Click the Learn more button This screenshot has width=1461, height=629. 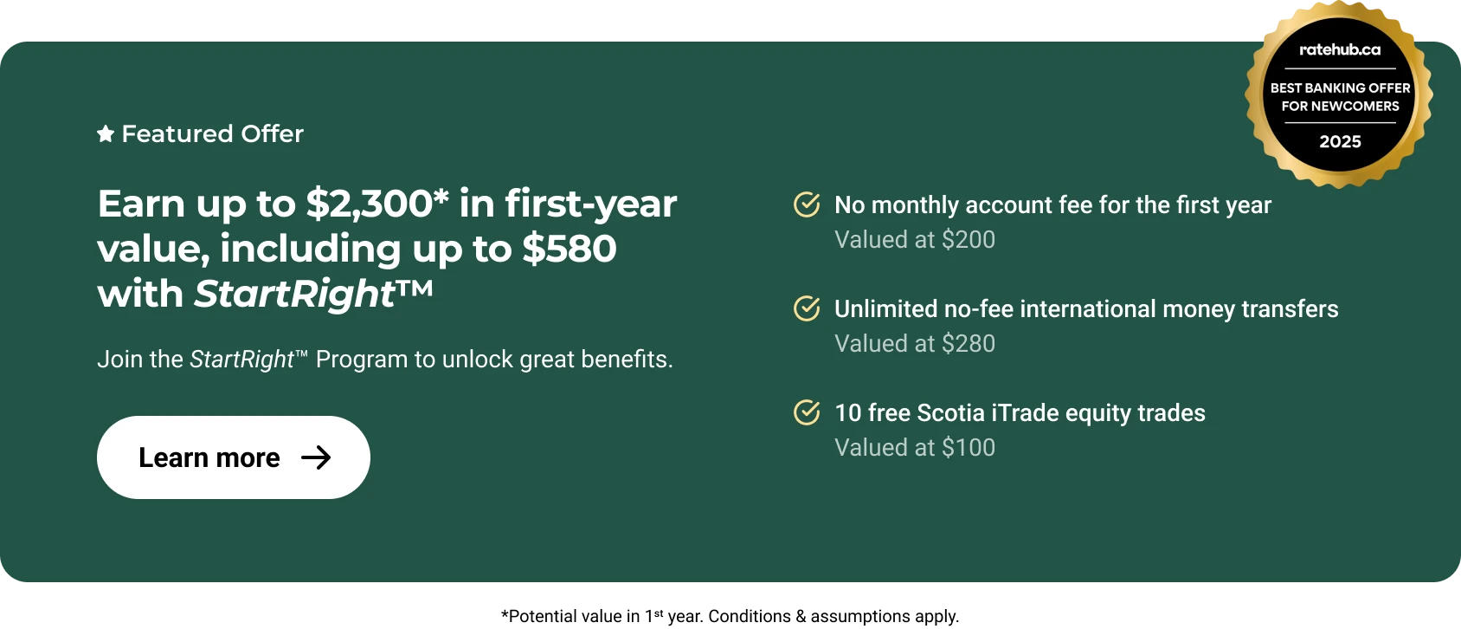point(234,457)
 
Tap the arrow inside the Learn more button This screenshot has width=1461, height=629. point(316,457)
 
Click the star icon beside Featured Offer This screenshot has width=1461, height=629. point(106,134)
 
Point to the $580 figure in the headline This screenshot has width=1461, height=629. point(570,249)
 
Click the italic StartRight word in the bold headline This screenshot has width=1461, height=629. point(295,294)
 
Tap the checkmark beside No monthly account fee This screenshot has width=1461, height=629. point(807,204)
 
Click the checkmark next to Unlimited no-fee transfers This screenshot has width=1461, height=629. point(807,308)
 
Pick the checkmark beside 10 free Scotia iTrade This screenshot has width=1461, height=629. point(807,412)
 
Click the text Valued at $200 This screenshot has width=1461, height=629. point(915,240)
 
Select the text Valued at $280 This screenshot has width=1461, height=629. point(915,344)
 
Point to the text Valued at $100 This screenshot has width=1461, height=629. point(915,447)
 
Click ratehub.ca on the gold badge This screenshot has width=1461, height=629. point(1340,49)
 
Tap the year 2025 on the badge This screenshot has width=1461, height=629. point(1341,142)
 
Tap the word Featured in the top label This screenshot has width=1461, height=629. point(177,134)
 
